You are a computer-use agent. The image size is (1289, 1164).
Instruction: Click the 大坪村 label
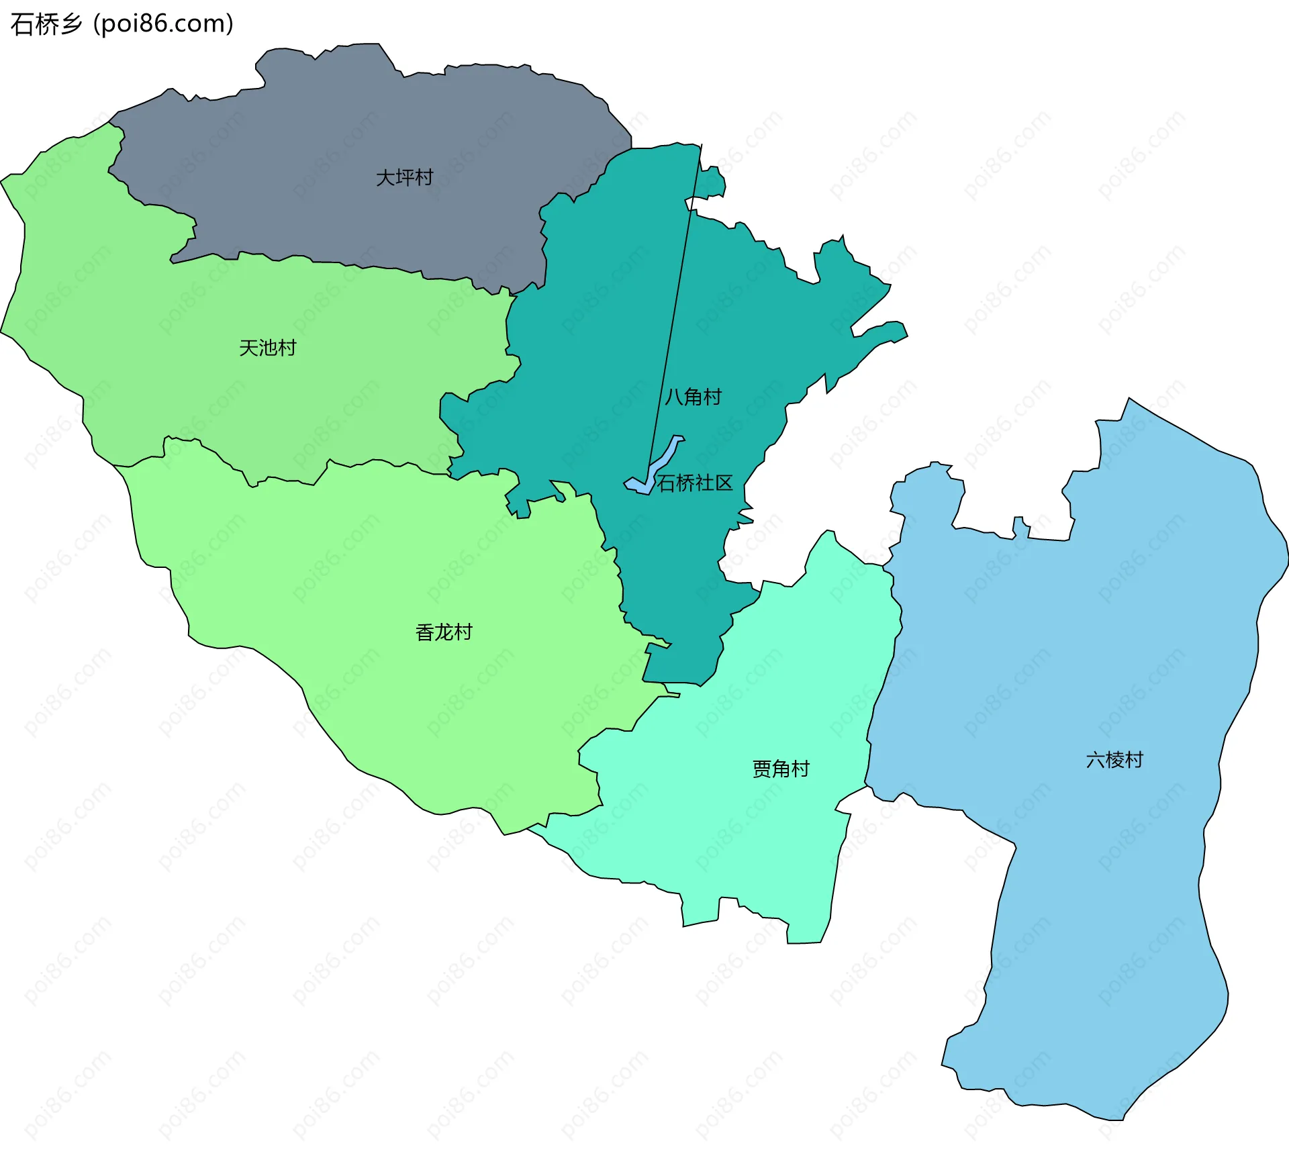[404, 178]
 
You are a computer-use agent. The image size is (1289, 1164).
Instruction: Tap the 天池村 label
[267, 348]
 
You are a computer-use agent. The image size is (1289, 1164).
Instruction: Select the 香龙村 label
[444, 632]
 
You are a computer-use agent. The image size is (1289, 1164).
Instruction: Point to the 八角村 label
[693, 397]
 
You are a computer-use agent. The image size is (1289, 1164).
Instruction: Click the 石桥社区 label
[695, 483]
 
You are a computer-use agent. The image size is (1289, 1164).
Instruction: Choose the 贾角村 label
[781, 769]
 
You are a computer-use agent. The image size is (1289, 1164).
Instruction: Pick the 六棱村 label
[1114, 760]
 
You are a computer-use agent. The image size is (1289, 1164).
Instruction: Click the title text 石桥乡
[46, 24]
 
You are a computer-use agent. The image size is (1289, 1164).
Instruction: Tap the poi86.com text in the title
[163, 24]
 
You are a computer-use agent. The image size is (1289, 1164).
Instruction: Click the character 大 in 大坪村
[385, 178]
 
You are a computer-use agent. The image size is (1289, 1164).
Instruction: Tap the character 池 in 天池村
[268, 348]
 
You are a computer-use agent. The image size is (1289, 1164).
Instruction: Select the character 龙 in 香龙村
[444, 632]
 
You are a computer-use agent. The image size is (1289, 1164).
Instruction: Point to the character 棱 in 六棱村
[1114, 760]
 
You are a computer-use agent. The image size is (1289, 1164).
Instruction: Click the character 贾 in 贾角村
[762, 769]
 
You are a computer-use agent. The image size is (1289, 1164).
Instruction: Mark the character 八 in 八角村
[673, 397]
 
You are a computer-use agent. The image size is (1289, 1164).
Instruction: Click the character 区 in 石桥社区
[724, 483]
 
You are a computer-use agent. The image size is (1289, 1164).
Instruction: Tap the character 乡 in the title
[71, 24]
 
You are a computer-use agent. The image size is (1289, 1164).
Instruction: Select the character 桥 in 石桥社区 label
[685, 483]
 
